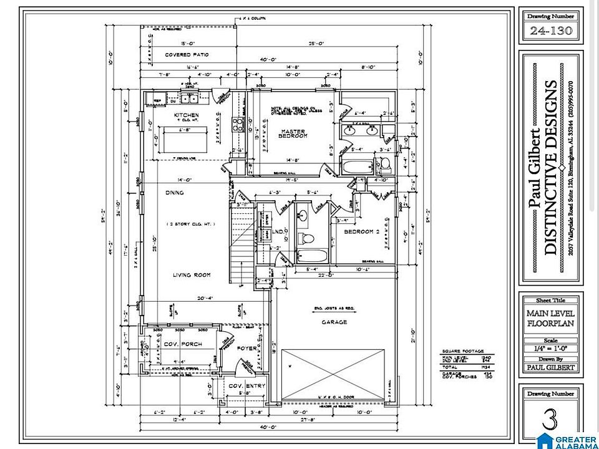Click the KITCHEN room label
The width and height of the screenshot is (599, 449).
(x=187, y=115)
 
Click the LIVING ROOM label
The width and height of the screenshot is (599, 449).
(x=192, y=275)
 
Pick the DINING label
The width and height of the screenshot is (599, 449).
(x=175, y=193)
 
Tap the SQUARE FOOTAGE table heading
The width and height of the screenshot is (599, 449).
(x=463, y=351)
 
